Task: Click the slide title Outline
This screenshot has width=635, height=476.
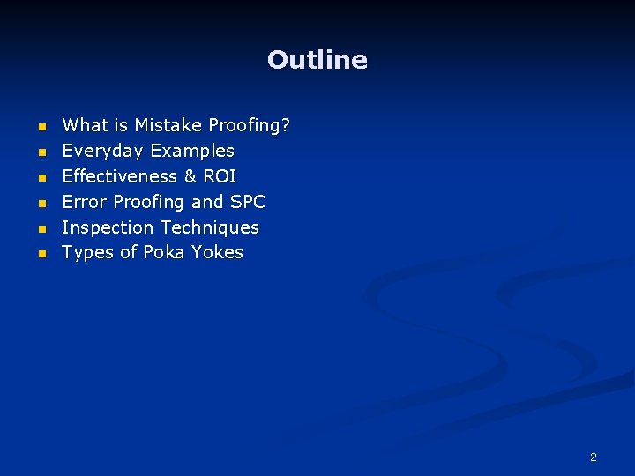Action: (x=317, y=60)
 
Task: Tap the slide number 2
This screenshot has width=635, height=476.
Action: (x=593, y=457)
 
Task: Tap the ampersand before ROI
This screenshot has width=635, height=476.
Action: (x=190, y=176)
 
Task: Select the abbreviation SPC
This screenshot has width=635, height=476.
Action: (x=247, y=202)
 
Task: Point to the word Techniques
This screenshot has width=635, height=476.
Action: (x=209, y=227)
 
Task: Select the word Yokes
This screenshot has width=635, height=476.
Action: (x=217, y=253)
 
